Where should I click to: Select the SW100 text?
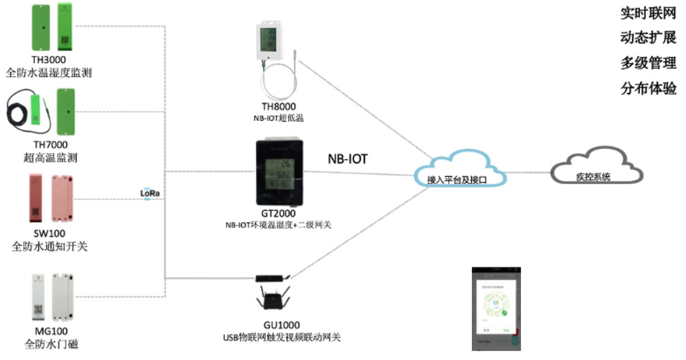49,233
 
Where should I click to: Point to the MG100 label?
49,331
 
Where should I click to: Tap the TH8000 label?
278,106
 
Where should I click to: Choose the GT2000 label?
278,213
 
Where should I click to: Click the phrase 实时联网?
648,13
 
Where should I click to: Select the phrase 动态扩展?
648,38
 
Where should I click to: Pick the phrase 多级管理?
648,64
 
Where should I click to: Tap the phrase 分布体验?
648,89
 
